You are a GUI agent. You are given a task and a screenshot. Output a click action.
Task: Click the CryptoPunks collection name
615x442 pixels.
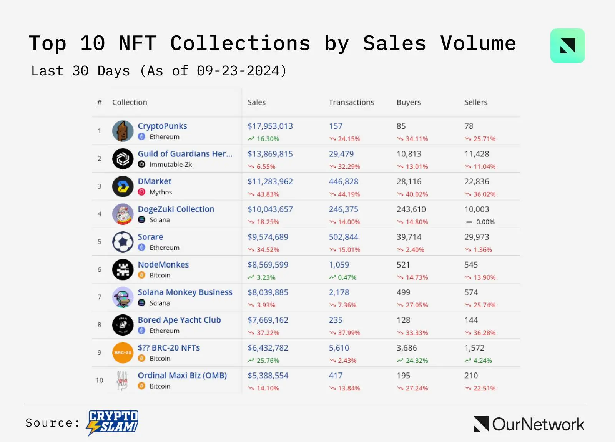click(x=162, y=126)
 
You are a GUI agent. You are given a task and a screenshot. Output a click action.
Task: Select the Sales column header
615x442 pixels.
click(x=256, y=102)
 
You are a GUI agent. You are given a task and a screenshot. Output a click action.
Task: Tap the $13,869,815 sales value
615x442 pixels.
click(x=270, y=154)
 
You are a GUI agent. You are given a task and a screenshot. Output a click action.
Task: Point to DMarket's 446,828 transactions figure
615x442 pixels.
click(x=343, y=181)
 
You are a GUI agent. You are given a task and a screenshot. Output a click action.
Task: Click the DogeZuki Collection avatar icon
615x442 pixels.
click(x=123, y=214)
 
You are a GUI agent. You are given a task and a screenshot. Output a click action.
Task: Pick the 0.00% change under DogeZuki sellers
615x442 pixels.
click(x=485, y=222)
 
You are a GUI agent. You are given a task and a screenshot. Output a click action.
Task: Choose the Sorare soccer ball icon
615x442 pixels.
click(x=123, y=242)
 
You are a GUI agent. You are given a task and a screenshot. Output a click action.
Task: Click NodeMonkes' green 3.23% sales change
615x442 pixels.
click(x=266, y=277)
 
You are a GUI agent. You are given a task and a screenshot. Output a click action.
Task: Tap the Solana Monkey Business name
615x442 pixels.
click(x=185, y=292)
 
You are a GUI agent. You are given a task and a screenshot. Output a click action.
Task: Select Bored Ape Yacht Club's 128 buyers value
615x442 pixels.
click(x=403, y=320)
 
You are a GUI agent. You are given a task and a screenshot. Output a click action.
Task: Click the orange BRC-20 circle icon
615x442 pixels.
click(x=123, y=352)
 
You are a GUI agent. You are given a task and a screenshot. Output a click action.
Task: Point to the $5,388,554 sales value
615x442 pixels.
click(x=268, y=376)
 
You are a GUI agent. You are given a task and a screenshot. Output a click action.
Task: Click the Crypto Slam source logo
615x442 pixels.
click(x=113, y=423)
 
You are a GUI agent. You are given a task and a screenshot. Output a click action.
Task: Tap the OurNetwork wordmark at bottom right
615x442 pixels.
click(x=538, y=424)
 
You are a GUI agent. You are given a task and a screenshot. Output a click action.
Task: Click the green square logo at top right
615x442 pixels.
click(x=567, y=46)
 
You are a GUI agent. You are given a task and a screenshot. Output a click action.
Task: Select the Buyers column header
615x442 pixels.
click(x=408, y=102)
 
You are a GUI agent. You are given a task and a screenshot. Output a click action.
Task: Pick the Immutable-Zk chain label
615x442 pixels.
click(x=170, y=165)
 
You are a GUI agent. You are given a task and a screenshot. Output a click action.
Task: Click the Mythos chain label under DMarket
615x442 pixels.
click(x=160, y=192)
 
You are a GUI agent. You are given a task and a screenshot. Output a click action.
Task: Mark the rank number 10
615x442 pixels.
click(x=99, y=380)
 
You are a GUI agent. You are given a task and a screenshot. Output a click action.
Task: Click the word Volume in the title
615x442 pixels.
click(x=478, y=43)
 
